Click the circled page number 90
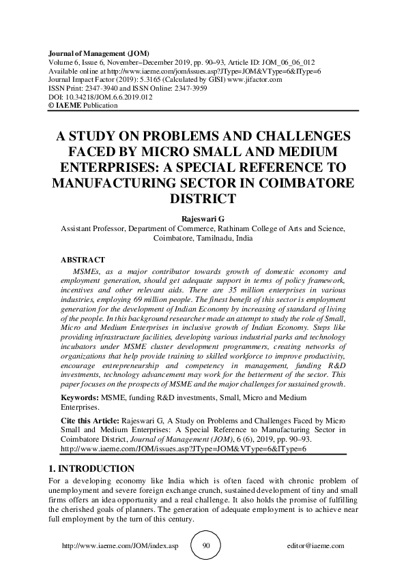coord(207,546)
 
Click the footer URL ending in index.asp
coord(119,546)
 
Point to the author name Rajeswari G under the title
coord(203,217)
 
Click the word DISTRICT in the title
coord(203,199)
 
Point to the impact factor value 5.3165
coord(144,80)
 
